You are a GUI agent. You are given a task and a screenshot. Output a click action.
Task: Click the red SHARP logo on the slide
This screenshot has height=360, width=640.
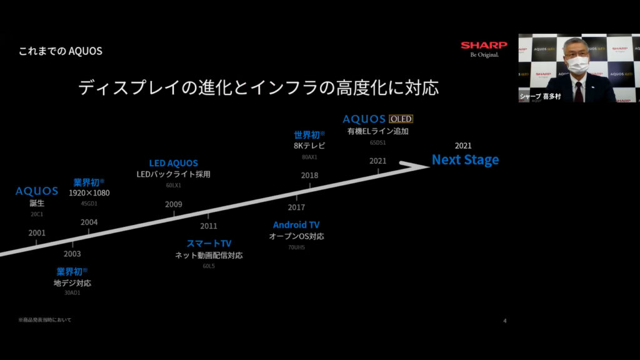479,45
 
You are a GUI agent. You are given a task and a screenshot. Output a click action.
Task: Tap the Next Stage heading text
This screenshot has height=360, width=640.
465,160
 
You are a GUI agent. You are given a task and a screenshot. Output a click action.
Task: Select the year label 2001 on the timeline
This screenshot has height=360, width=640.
37,233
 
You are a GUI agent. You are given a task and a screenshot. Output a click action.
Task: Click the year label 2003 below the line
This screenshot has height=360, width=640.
72,254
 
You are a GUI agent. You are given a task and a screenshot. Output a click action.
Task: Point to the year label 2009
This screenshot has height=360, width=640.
174,204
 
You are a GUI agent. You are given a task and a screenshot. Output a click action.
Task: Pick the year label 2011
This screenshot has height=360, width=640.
209,226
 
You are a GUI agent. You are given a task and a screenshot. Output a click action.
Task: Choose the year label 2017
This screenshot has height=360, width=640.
296,207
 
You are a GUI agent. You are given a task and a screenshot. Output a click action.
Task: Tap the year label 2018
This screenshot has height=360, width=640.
309,176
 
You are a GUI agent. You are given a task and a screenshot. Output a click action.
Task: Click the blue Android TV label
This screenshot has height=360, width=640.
296,225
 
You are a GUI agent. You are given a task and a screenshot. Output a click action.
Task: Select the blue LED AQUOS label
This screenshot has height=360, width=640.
173,163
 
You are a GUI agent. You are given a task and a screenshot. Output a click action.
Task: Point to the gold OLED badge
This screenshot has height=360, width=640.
401,119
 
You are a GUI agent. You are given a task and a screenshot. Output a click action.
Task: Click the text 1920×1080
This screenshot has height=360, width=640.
89,193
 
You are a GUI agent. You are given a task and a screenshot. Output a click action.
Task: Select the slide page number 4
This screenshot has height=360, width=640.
504,321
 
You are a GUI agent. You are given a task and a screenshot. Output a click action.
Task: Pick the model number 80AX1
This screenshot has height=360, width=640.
309,157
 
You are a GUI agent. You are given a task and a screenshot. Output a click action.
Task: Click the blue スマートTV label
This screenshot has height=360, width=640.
209,243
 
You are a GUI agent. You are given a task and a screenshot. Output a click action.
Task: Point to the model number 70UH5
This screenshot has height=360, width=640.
296,247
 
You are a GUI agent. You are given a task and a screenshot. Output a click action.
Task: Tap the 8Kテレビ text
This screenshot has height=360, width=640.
309,146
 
